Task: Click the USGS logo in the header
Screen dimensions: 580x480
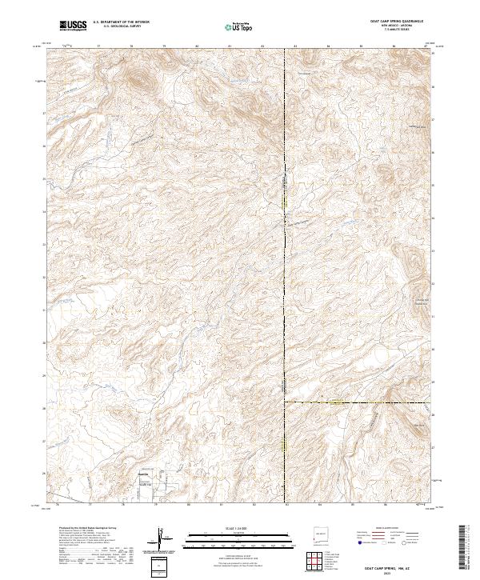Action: (x=73, y=26)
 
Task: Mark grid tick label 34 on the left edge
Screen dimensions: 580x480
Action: (x=44, y=212)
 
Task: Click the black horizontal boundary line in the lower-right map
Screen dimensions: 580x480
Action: (x=360, y=402)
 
